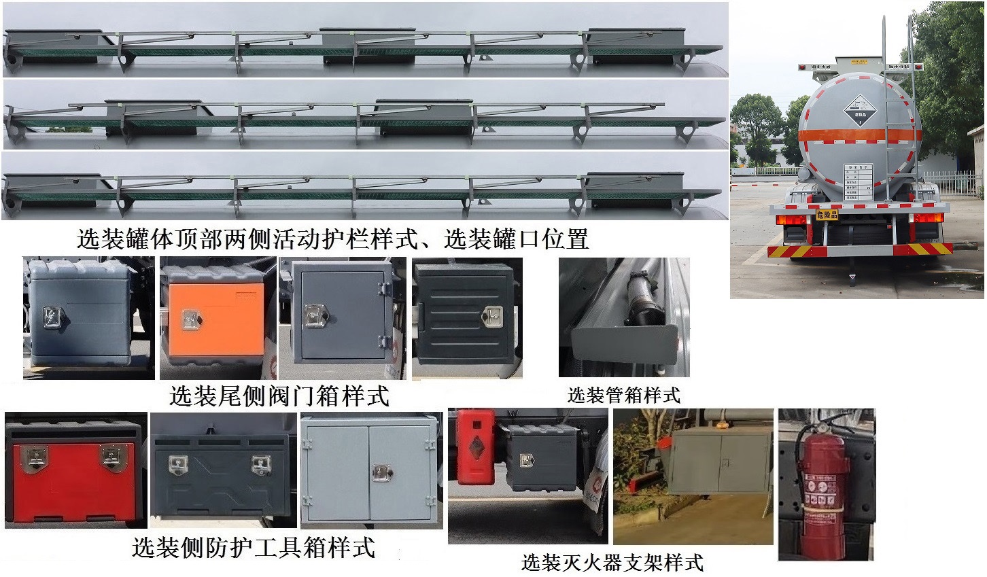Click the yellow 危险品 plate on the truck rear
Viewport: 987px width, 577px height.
(827, 215)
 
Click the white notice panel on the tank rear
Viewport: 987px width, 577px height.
(859, 180)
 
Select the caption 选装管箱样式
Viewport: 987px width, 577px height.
(623, 395)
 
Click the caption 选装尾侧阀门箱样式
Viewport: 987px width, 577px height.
(279, 395)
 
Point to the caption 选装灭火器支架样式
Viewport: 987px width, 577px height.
(612, 562)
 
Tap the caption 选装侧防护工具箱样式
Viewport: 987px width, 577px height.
(254, 547)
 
